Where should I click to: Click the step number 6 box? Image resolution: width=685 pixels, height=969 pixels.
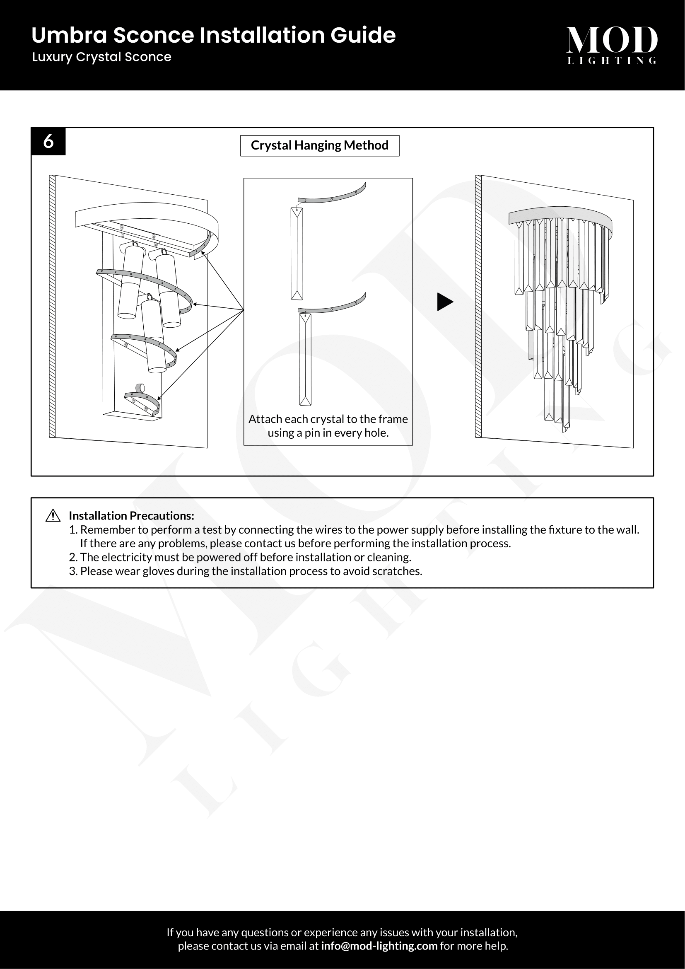coord(48,141)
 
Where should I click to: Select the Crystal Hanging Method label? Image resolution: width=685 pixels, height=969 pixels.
coord(319,145)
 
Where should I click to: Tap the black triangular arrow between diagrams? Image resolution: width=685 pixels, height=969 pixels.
coord(444,302)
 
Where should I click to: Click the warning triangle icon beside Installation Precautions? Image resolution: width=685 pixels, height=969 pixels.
coord(53,516)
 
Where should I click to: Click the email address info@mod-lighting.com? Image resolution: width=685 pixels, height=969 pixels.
coord(379,946)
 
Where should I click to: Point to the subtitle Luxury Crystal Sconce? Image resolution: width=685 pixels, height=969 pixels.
coord(101,57)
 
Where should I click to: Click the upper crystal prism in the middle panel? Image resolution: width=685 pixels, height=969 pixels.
coord(297,253)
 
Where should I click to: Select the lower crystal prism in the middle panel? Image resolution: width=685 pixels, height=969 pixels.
coord(305,359)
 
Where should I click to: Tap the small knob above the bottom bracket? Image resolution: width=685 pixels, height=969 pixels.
coord(140,387)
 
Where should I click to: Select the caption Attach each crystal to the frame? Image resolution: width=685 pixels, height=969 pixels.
coord(328,419)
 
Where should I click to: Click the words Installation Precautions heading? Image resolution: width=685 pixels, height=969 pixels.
coord(131,516)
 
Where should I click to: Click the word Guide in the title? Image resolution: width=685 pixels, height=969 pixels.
coord(363,35)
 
